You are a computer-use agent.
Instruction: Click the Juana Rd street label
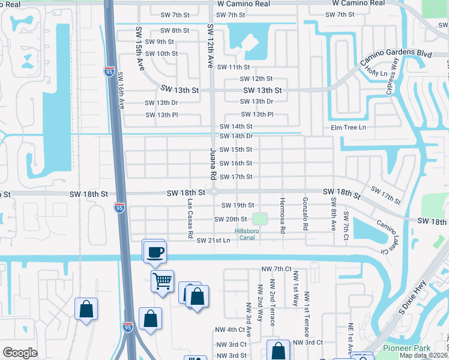212,164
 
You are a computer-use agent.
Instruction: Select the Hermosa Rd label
281,214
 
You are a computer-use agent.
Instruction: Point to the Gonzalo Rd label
306,214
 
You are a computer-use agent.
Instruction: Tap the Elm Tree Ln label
348,128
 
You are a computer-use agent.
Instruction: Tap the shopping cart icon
162,280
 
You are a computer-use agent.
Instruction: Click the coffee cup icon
155,250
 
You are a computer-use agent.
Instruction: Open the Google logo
20,352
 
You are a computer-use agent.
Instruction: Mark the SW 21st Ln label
214,241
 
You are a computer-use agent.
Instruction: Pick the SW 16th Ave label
120,91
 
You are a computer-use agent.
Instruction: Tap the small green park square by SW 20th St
259,219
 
